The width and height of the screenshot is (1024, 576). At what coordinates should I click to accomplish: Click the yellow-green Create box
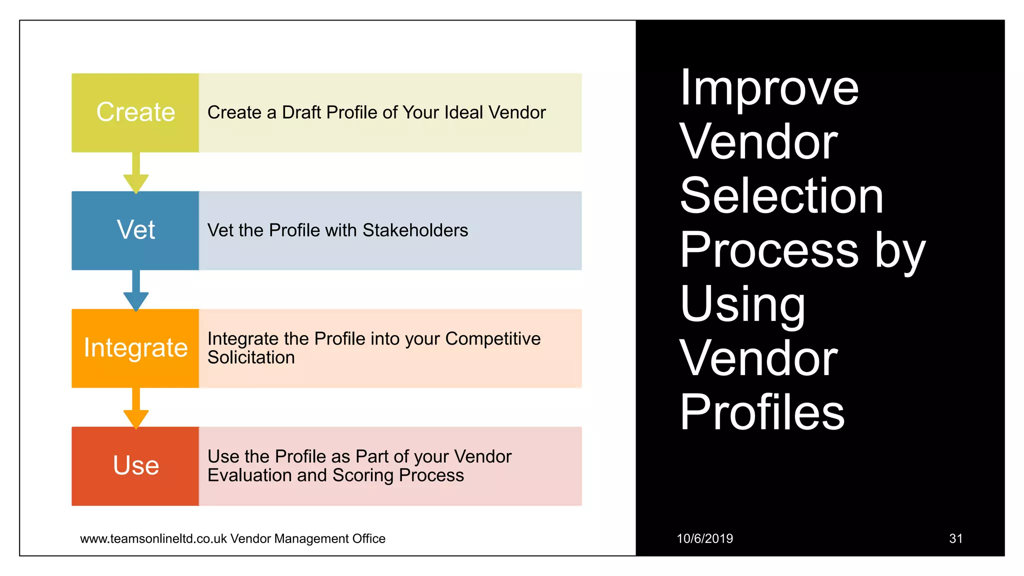[x=135, y=112]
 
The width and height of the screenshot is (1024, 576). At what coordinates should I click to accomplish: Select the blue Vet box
[x=135, y=230]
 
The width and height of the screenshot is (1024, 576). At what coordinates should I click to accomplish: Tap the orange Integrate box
[x=135, y=348]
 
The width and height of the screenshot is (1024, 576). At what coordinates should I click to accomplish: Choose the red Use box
[x=135, y=466]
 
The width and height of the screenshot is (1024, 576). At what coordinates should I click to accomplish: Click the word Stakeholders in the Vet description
[x=415, y=230]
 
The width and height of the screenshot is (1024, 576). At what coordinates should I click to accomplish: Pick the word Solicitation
[x=251, y=357]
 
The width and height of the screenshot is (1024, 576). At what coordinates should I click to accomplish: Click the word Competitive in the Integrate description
[x=492, y=338]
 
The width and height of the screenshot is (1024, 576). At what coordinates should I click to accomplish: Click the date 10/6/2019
[x=704, y=538]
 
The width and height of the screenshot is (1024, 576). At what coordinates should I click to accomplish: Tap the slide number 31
[x=955, y=538]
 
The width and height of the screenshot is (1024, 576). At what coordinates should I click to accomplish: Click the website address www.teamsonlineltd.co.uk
[x=153, y=538]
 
